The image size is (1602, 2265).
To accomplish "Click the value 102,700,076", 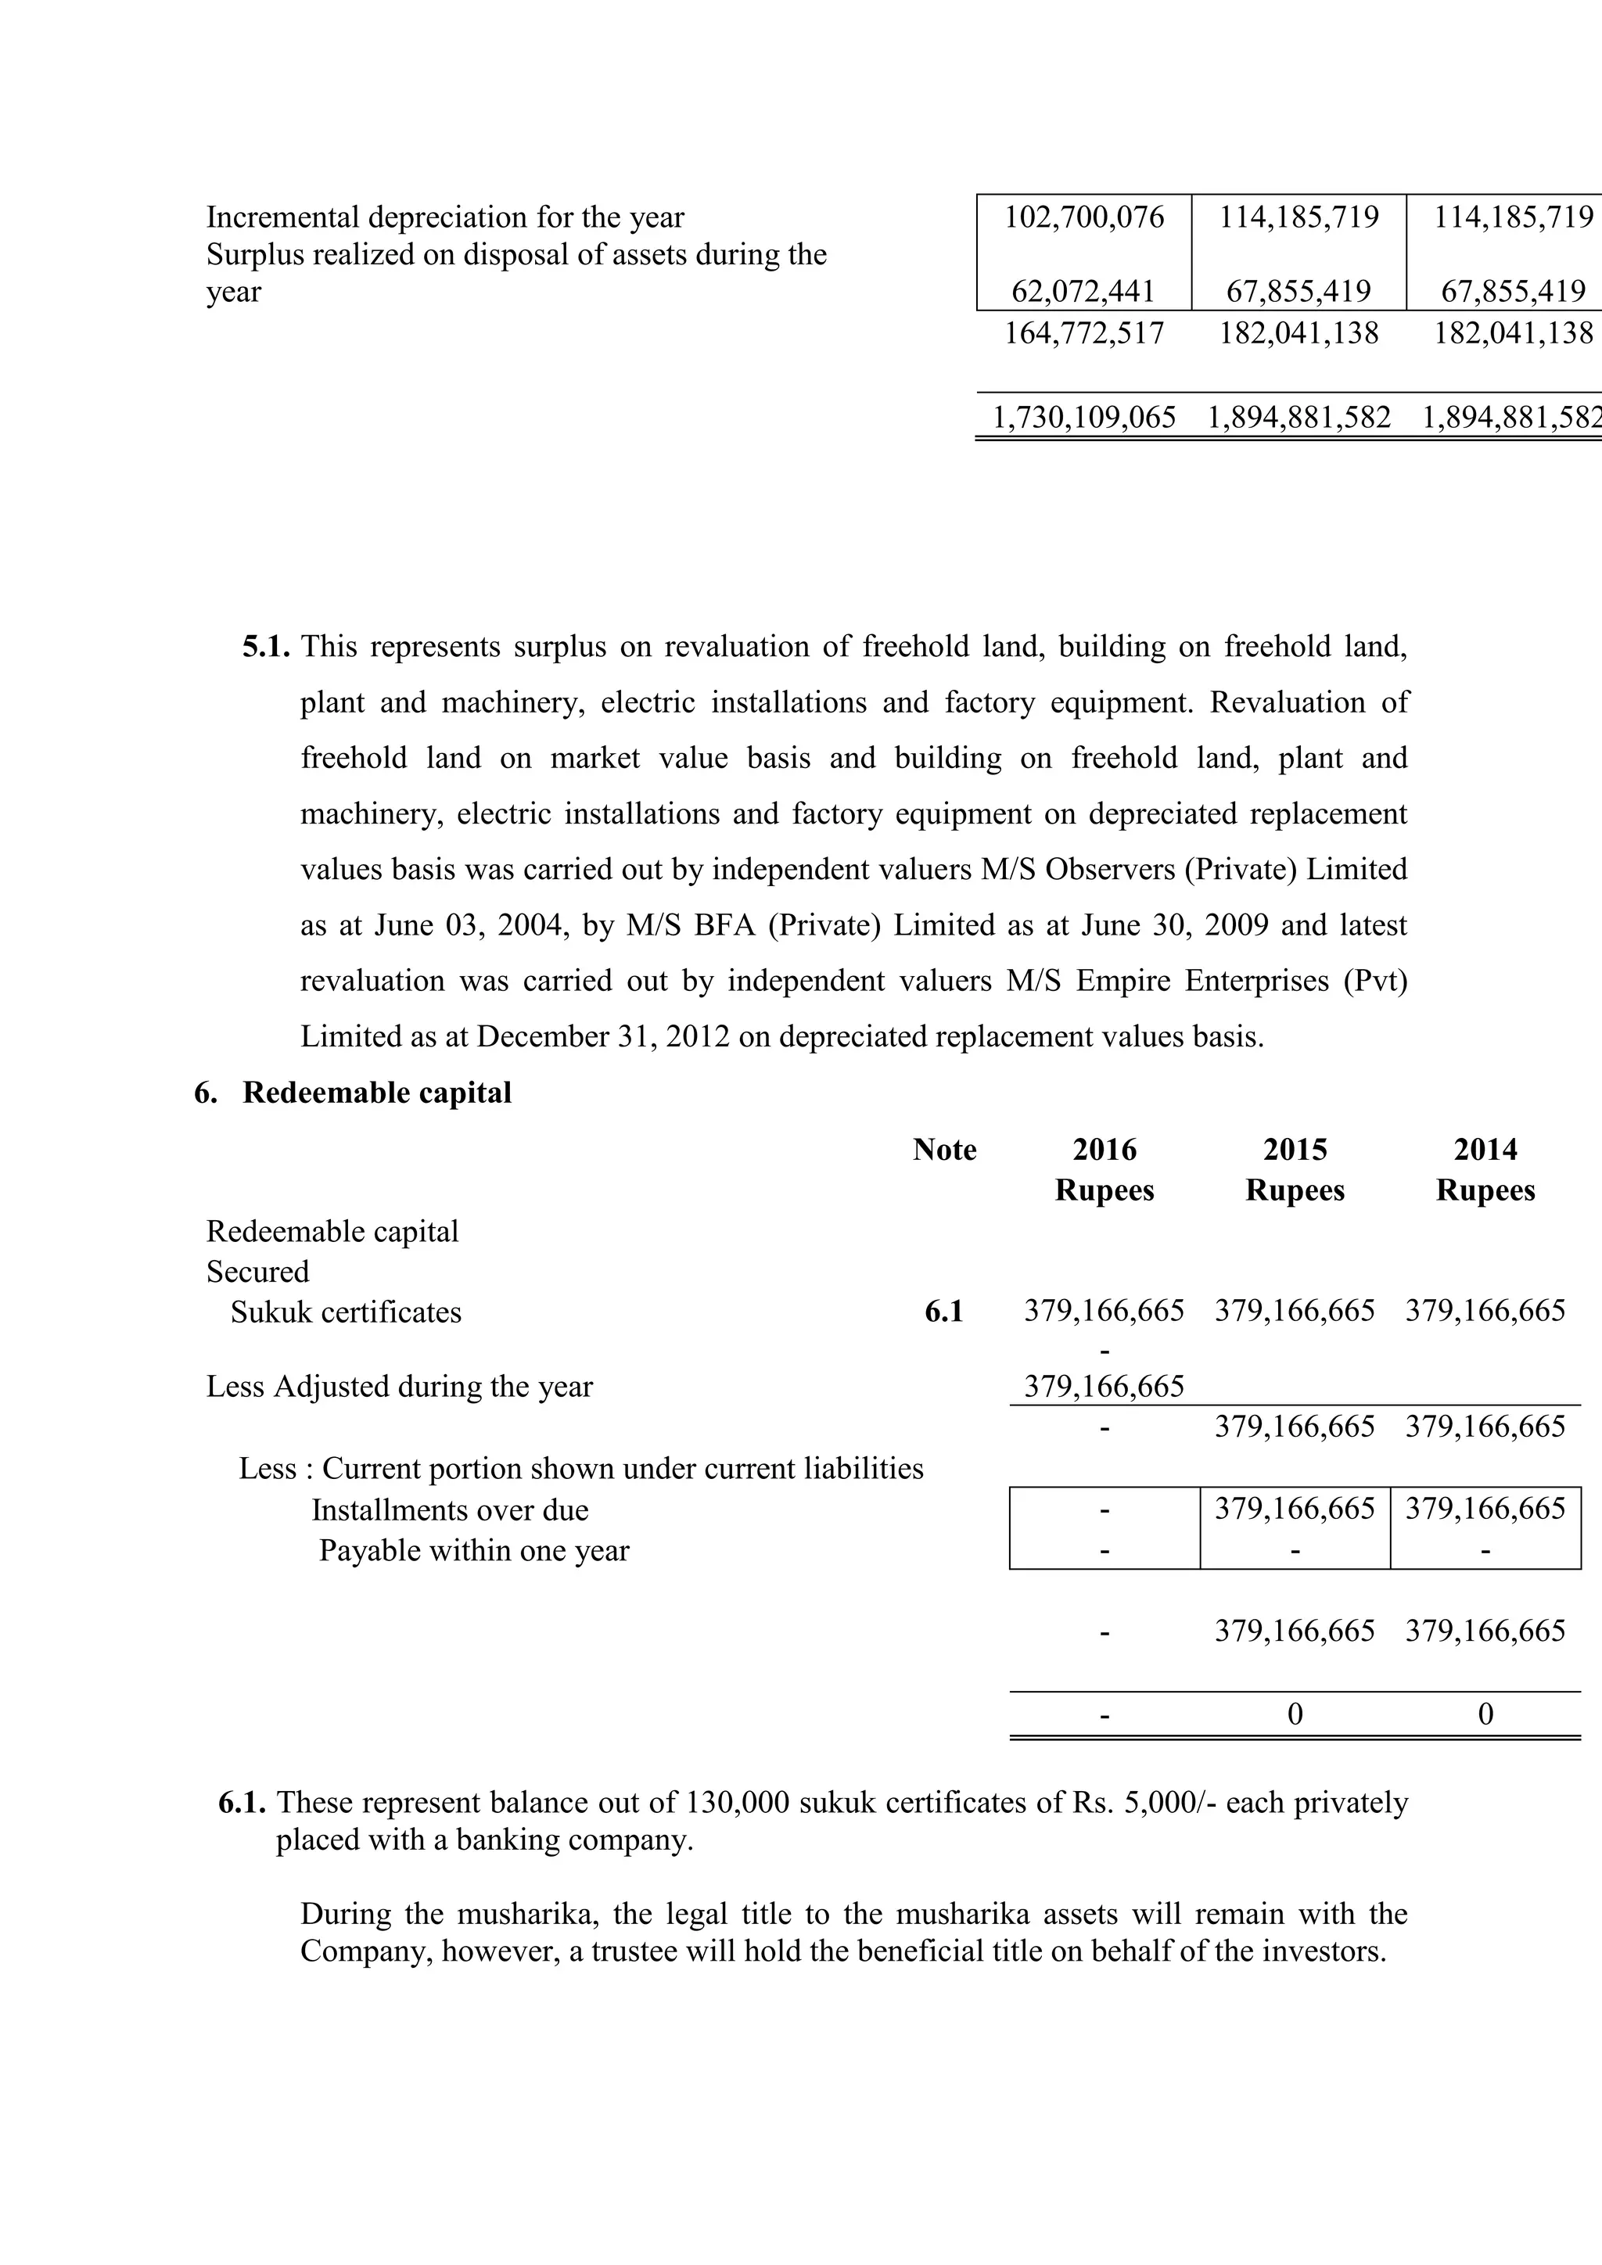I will tap(1083, 217).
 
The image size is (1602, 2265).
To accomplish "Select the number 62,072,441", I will tap(1083, 291).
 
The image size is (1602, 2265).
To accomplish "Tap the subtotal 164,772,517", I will tap(1083, 332).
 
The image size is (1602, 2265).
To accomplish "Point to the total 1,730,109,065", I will tap(1083, 418).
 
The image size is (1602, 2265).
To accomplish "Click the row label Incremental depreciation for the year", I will tap(445, 217).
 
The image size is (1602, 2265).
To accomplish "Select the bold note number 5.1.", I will tap(266, 647).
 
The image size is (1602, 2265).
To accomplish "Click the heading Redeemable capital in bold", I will tap(377, 1093).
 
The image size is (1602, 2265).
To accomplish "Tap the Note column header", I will tap(944, 1150).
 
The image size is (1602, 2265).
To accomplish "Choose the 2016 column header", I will tap(1104, 1150).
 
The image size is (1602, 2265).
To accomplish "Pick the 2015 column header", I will tap(1295, 1150).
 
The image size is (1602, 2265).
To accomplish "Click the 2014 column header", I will tap(1485, 1150).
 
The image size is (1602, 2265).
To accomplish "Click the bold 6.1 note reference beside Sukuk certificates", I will tap(943, 1312).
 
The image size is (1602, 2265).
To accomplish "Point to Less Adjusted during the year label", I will tap(400, 1387).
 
